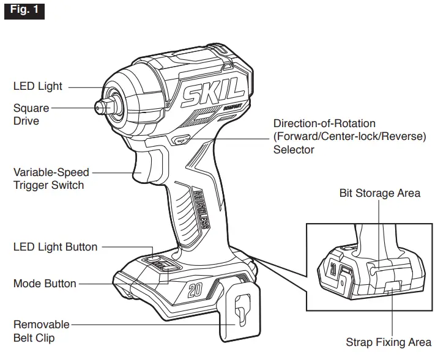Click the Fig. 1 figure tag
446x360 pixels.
pos(24,10)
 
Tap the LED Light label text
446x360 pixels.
pos(37,86)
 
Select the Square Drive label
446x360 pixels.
pos(31,114)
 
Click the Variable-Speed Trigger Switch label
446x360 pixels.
pos(51,178)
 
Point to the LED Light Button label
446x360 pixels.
pos(55,247)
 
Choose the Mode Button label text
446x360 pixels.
pos(45,284)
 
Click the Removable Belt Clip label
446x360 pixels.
pos(41,330)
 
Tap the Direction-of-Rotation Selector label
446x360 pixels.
pos(349,136)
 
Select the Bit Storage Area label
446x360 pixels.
pos(379,193)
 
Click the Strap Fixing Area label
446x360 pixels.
pos(388,342)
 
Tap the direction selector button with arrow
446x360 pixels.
pos(182,140)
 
